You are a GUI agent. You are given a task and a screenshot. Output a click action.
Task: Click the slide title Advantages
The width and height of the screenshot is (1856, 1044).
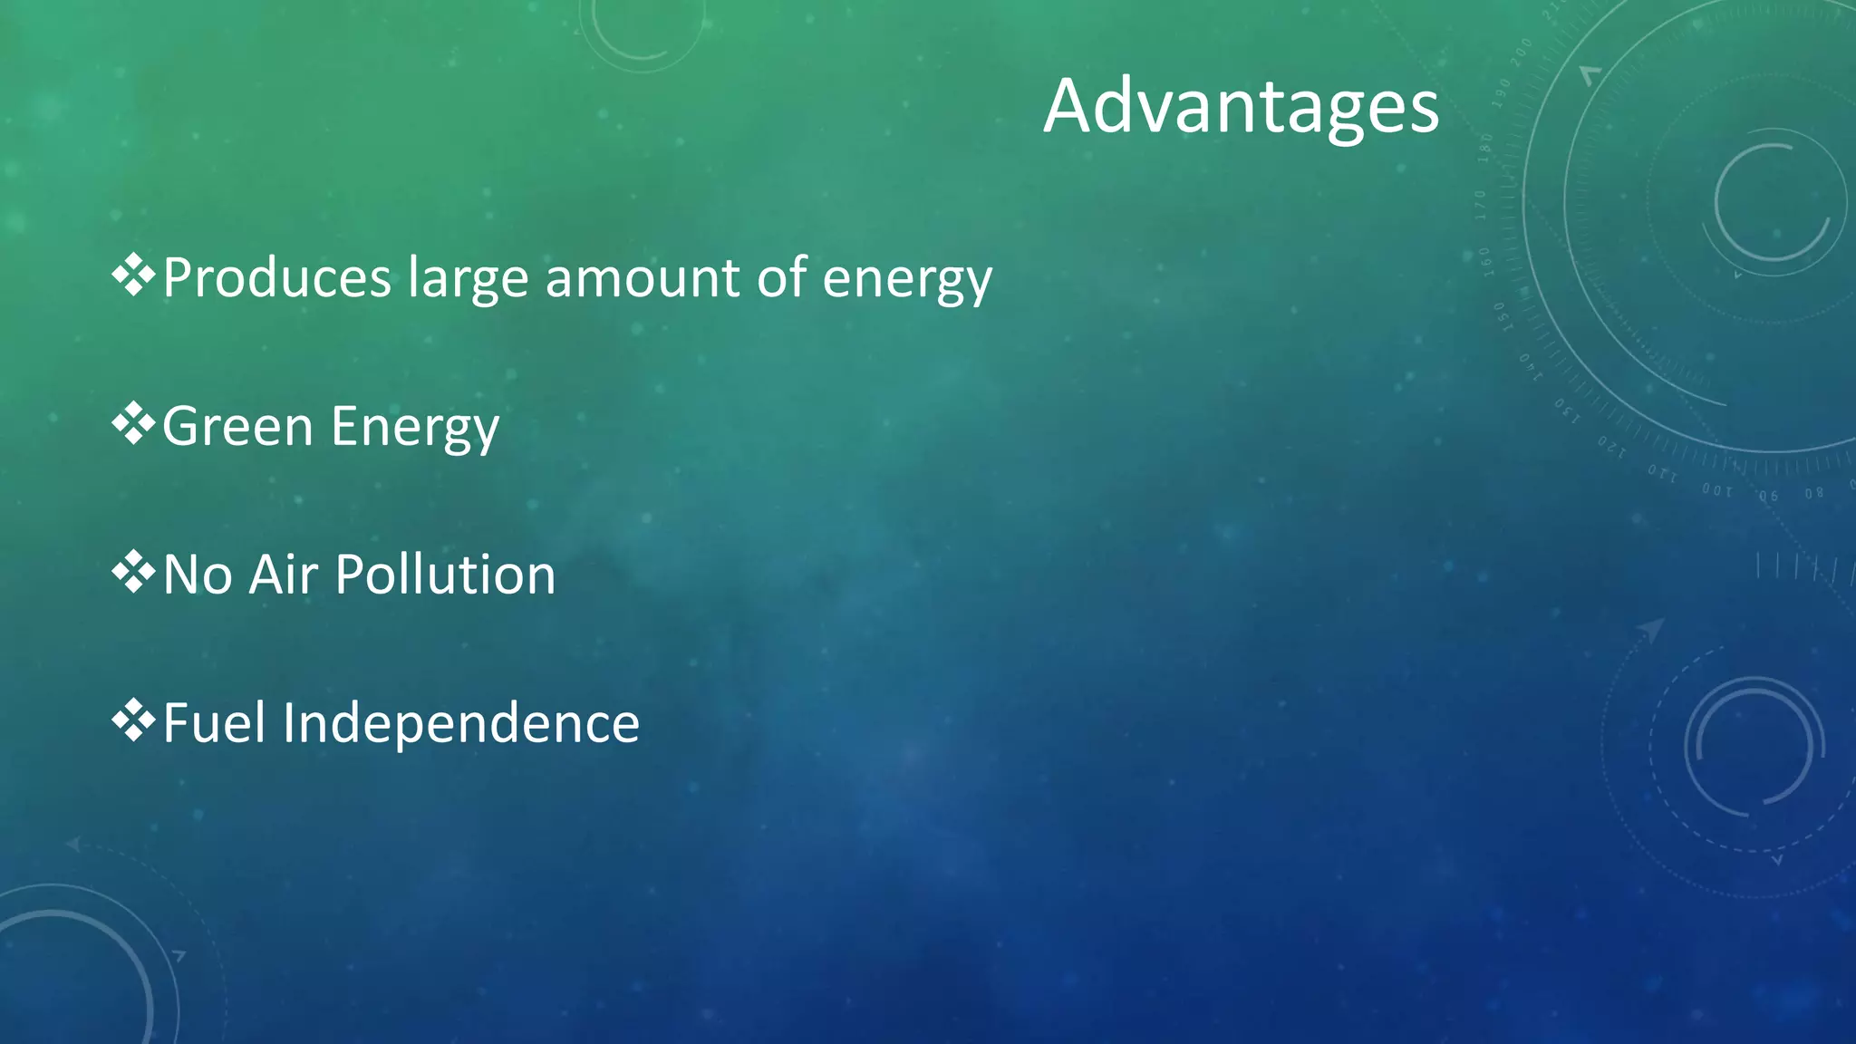click(1241, 107)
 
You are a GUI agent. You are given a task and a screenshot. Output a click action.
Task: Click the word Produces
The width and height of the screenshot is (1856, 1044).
click(276, 277)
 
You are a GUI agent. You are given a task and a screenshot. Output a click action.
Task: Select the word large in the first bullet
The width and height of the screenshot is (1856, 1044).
click(468, 279)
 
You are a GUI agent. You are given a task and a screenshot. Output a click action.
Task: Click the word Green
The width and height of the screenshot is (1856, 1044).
click(237, 426)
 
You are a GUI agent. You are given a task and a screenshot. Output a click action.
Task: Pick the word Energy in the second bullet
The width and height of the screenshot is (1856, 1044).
click(415, 428)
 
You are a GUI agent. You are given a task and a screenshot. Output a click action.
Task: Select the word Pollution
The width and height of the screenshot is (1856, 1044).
click(445, 575)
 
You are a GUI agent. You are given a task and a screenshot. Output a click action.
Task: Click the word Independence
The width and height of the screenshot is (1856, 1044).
click(461, 723)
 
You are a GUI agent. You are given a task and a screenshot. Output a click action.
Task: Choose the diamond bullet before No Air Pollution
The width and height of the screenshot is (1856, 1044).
click(133, 572)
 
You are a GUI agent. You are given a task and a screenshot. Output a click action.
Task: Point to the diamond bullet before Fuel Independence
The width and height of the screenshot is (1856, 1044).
click(133, 720)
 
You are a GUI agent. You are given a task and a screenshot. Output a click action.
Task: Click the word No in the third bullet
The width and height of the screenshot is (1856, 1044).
click(198, 575)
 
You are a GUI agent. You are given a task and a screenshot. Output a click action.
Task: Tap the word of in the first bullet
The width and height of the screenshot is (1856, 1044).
click(781, 277)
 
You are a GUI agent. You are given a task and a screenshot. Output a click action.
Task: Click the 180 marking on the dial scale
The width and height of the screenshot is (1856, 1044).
click(1485, 147)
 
